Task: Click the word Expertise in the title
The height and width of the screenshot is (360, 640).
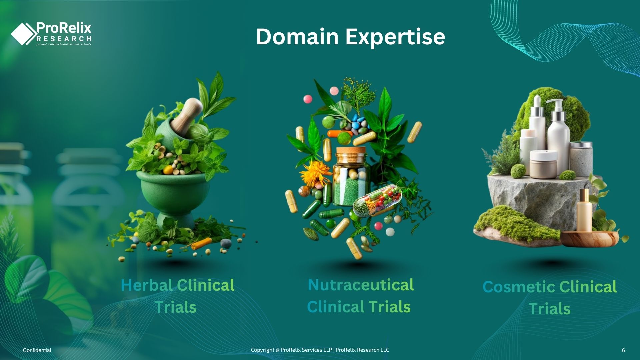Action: click(x=395, y=37)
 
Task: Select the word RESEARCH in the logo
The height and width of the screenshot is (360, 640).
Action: click(x=64, y=39)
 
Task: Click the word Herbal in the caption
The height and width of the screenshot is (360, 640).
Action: click(x=146, y=285)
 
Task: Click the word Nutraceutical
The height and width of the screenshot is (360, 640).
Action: click(x=361, y=285)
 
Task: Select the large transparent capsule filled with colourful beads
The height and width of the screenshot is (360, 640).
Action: click(x=377, y=200)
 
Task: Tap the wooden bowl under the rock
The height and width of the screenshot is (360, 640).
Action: click(x=590, y=239)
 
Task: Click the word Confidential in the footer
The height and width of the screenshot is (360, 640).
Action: click(x=37, y=350)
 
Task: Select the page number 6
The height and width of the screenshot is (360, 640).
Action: click(x=623, y=350)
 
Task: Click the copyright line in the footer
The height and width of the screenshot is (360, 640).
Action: click(x=320, y=350)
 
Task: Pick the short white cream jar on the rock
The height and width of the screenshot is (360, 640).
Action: click(x=543, y=164)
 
